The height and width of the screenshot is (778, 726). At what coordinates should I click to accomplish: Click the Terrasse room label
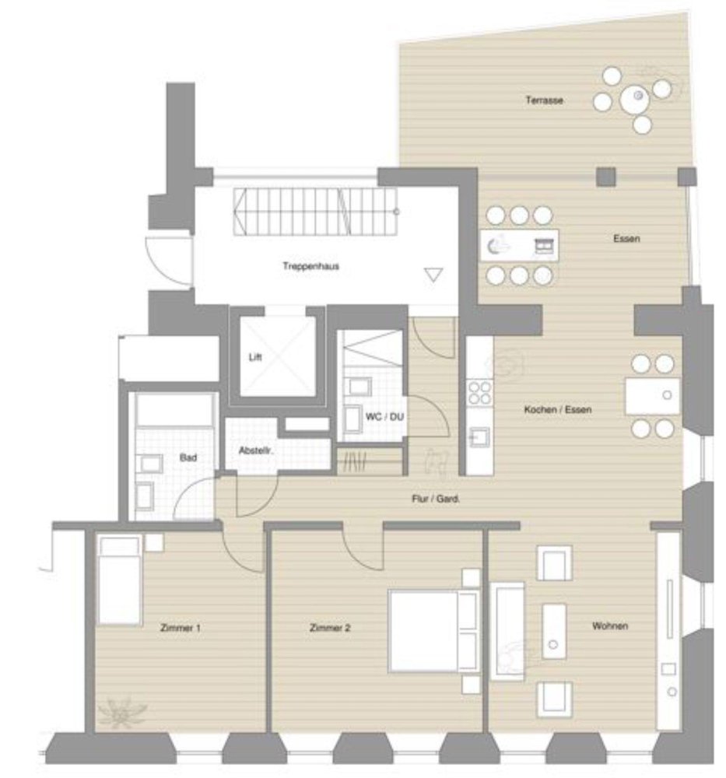point(544,100)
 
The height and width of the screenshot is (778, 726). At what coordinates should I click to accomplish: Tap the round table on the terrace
point(637,97)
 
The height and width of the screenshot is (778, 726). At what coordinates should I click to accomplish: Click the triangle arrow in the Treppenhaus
point(433,274)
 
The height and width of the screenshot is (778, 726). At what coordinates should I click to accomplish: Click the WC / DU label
point(384,417)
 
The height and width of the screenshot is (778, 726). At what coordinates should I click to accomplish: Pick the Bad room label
point(188,458)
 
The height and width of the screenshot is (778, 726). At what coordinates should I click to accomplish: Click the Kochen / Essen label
point(552,409)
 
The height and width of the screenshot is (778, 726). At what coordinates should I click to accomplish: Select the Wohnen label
point(609,626)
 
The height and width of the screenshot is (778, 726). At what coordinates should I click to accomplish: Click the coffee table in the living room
point(554,630)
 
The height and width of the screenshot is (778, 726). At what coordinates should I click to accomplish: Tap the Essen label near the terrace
point(626,239)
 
